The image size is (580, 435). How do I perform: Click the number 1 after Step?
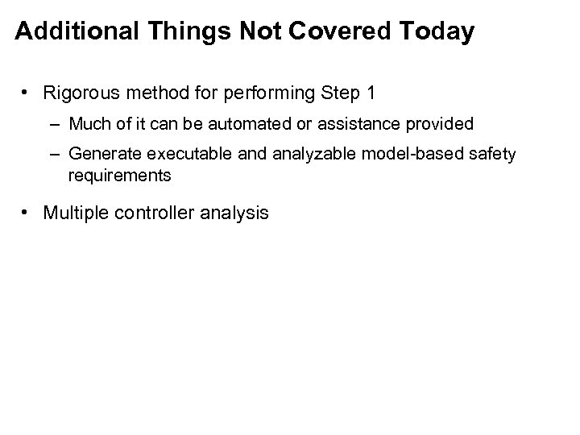tap(370, 93)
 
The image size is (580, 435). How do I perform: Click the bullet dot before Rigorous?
tap(27, 93)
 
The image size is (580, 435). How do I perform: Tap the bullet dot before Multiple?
tap(27, 213)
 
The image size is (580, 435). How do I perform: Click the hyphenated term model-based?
tap(362, 154)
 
